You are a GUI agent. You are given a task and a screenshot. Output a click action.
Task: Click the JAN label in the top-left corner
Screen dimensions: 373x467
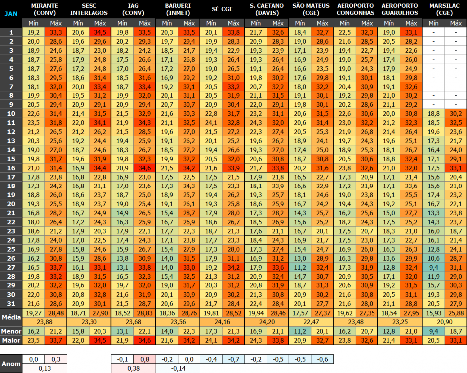click(11, 14)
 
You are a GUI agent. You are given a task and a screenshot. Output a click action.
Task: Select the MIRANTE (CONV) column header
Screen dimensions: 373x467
click(45, 9)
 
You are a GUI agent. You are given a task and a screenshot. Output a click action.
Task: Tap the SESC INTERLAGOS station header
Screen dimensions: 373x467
click(90, 9)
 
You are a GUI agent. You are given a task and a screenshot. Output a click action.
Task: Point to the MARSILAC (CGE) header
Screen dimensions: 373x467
click(444, 9)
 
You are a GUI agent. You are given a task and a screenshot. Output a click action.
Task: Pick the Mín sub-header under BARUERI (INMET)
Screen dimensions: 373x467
click(167, 23)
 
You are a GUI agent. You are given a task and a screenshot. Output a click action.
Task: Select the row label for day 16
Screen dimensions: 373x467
click(11, 168)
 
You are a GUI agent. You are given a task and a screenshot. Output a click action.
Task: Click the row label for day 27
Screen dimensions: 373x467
click(11, 267)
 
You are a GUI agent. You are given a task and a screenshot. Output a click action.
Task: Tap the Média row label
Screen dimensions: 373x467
click(11, 317)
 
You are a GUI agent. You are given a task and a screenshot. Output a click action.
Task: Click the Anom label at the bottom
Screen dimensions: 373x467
click(11, 364)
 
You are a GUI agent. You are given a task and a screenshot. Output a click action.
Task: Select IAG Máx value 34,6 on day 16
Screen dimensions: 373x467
click(145, 168)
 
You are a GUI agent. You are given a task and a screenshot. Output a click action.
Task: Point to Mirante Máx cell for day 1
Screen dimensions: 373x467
click(56, 32)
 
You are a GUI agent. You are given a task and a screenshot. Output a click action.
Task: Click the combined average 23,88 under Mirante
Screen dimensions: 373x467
click(45, 321)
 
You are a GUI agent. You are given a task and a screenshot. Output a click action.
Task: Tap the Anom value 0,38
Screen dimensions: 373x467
click(133, 368)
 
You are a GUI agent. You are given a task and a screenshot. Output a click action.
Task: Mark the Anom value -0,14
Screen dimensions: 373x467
click(178, 368)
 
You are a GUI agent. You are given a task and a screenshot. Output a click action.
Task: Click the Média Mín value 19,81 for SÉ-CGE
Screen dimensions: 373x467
click(211, 313)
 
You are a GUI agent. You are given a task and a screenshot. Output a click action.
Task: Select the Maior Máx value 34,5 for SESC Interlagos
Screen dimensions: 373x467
click(100, 340)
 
